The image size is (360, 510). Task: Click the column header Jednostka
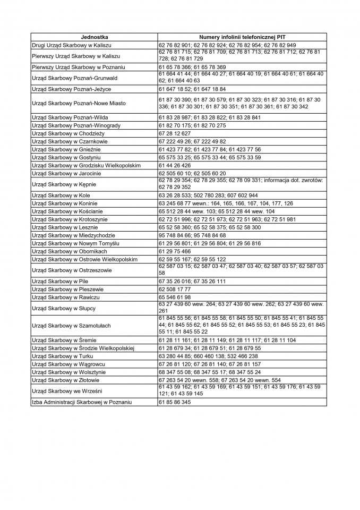tap(94, 38)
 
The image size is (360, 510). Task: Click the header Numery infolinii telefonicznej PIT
tap(242, 38)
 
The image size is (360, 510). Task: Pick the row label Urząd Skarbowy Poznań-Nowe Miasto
tap(79, 103)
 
